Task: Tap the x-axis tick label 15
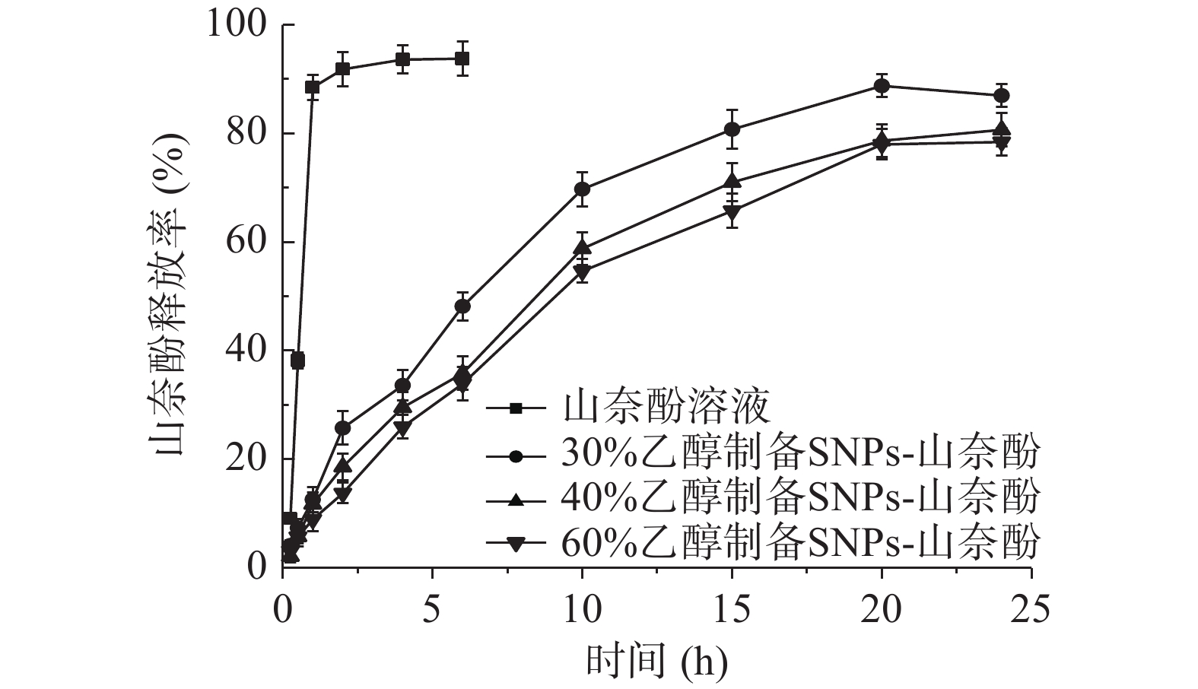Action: tap(732, 610)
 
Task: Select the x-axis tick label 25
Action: tap(1031, 610)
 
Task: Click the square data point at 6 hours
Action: tap(462, 59)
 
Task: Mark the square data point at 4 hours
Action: tap(402, 59)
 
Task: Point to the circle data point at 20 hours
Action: tap(882, 86)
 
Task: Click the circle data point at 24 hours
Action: tap(1002, 96)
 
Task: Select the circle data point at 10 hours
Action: tap(582, 189)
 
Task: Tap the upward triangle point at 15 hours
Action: tap(732, 181)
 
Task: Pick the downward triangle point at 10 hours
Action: tap(582, 271)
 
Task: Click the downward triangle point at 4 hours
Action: tap(402, 428)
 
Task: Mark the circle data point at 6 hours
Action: tap(462, 306)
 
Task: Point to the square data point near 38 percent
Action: tap(297, 360)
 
